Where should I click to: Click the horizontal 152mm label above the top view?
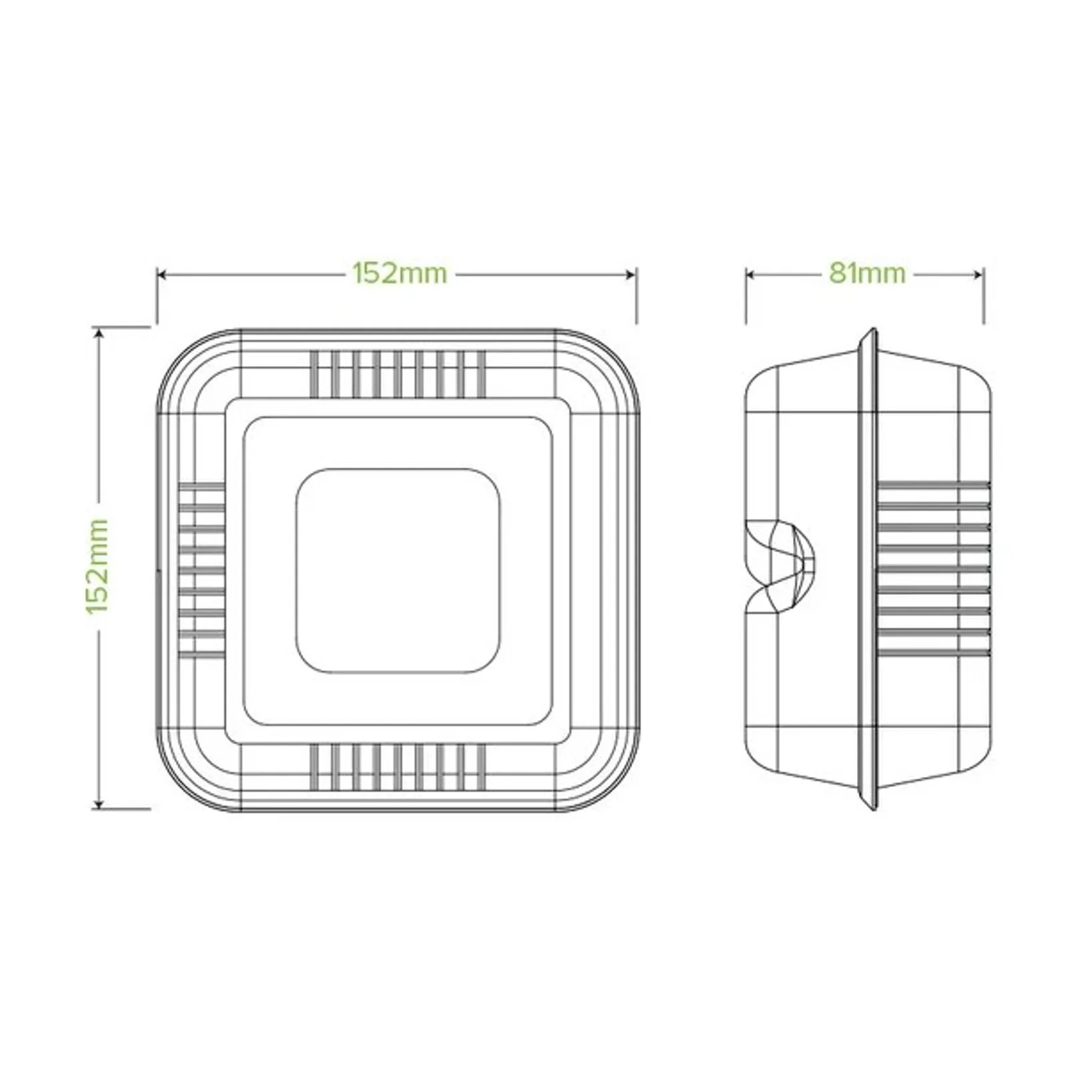(399, 273)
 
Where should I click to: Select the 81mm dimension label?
(867, 273)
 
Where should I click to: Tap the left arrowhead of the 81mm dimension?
(750, 274)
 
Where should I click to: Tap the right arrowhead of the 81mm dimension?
(980, 274)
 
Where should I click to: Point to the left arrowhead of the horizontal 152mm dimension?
(161, 274)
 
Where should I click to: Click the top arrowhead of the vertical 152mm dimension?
(99, 331)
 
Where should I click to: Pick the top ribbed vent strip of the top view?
(398, 373)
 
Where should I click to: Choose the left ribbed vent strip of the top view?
(201, 570)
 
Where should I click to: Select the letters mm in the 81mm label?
(884, 273)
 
